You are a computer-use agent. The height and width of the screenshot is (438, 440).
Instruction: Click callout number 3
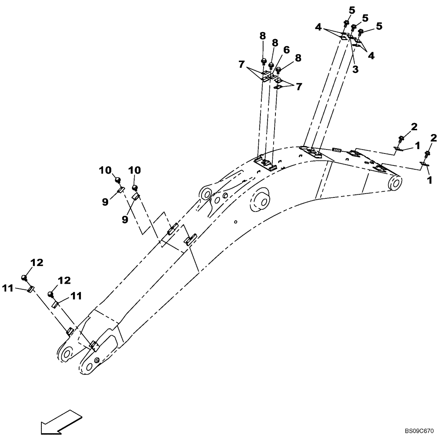click(355, 69)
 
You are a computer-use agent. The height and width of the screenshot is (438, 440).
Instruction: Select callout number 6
click(286, 50)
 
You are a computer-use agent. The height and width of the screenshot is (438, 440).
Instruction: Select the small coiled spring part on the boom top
click(337, 150)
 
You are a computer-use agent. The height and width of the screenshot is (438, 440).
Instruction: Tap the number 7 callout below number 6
click(299, 87)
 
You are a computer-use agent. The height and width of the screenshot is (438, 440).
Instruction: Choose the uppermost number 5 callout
click(352, 9)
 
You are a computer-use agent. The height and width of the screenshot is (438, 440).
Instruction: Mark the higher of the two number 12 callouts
click(37, 263)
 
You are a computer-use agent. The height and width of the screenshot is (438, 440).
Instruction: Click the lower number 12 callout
click(64, 280)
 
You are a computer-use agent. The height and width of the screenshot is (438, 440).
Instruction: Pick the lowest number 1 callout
click(429, 180)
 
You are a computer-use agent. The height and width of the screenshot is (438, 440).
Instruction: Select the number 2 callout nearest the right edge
click(433, 138)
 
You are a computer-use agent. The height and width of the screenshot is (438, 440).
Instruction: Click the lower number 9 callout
click(125, 219)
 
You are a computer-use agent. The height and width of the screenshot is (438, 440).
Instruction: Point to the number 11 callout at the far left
click(7, 288)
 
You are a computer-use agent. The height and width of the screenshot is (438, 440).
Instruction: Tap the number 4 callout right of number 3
click(371, 56)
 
